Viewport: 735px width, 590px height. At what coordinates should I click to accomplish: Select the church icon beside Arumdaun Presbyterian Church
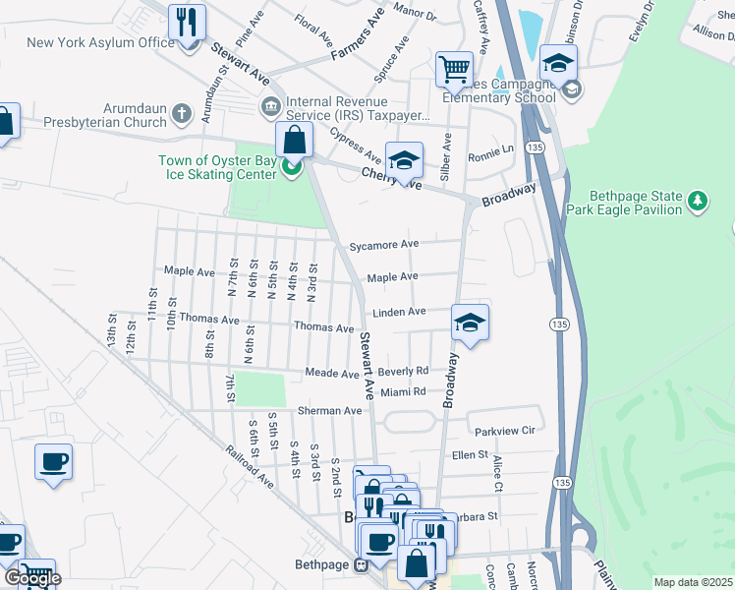(180, 114)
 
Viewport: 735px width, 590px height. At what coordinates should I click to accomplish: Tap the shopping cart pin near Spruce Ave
(454, 69)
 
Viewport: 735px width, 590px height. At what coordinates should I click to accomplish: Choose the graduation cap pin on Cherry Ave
(404, 159)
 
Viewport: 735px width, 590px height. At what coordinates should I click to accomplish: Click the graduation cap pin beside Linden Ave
(471, 322)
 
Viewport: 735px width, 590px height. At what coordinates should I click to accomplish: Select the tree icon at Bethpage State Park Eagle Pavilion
(698, 201)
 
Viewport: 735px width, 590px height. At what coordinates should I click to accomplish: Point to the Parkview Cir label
(504, 431)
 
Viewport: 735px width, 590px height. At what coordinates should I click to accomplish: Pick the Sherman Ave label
(339, 410)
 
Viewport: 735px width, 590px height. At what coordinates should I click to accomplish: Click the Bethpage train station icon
(361, 564)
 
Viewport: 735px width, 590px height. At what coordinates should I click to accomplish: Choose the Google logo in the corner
(32, 578)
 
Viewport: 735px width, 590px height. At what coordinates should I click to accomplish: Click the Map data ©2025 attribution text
(693, 582)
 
